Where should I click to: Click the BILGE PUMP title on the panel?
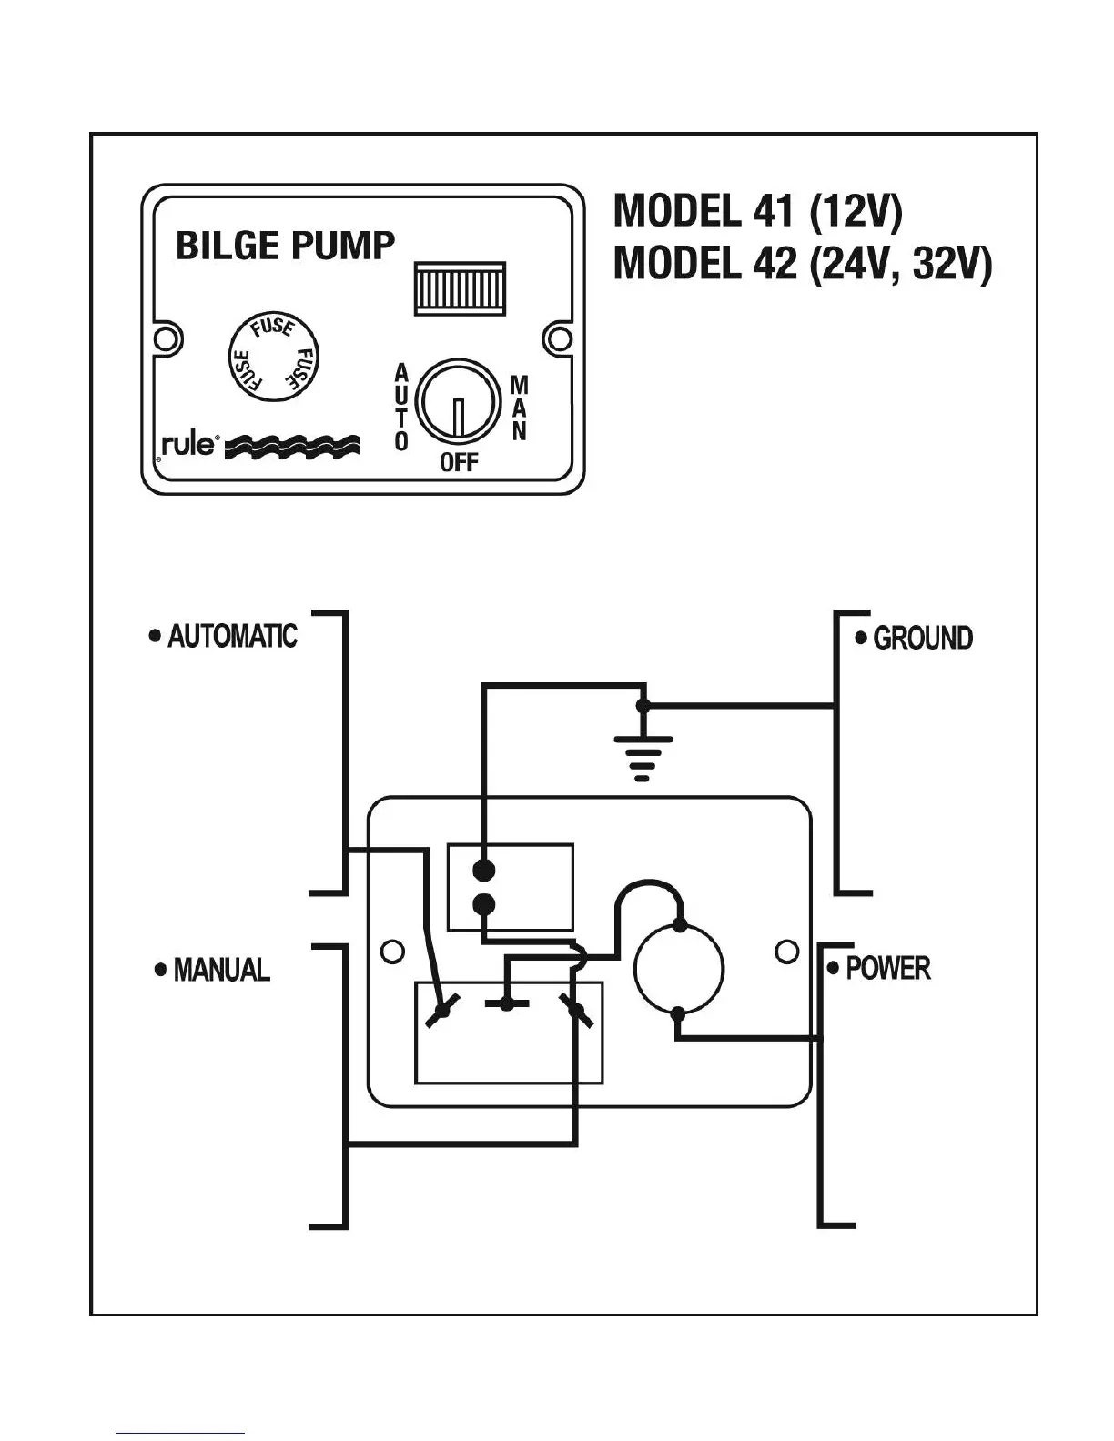pyautogui.click(x=285, y=246)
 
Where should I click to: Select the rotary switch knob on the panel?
pyautogui.click(x=458, y=402)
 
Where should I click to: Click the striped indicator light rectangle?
pyautogui.click(x=460, y=287)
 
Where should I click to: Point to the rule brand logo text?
pyautogui.click(x=187, y=444)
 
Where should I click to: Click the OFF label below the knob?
pyautogui.click(x=459, y=462)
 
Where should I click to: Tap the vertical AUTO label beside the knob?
pyautogui.click(x=401, y=408)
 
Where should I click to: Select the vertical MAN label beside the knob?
pyautogui.click(x=519, y=408)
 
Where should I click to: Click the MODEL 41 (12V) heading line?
pyautogui.click(x=758, y=212)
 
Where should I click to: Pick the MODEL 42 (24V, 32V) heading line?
pyautogui.click(x=803, y=264)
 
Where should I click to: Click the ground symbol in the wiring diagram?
pyautogui.click(x=643, y=758)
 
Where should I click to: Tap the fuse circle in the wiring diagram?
pyautogui.click(x=678, y=968)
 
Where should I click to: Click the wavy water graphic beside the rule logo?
pyautogui.click(x=292, y=447)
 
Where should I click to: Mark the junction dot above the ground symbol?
pyautogui.click(x=643, y=706)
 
